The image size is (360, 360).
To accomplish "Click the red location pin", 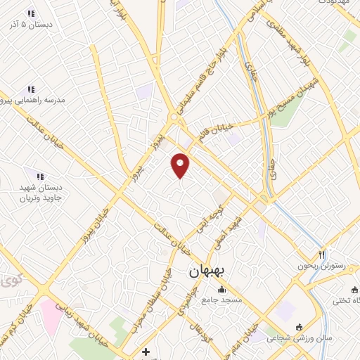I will coord(181,165).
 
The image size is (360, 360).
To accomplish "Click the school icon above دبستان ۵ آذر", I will coord(31,13).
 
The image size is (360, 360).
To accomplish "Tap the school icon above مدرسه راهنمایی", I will coord(31,89).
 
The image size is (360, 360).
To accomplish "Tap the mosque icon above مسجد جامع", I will coord(222,289).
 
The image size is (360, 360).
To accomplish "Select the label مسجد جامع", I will coord(223,300).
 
